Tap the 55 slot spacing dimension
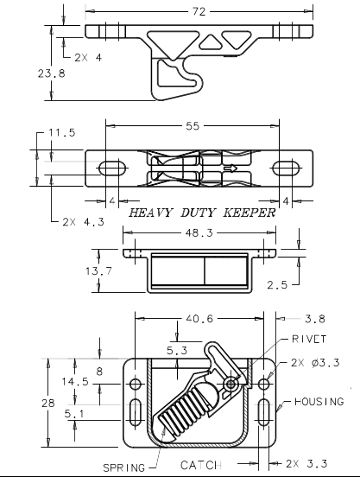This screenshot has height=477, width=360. coord(191,127)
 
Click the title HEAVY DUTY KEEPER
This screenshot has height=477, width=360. coord(202,212)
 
